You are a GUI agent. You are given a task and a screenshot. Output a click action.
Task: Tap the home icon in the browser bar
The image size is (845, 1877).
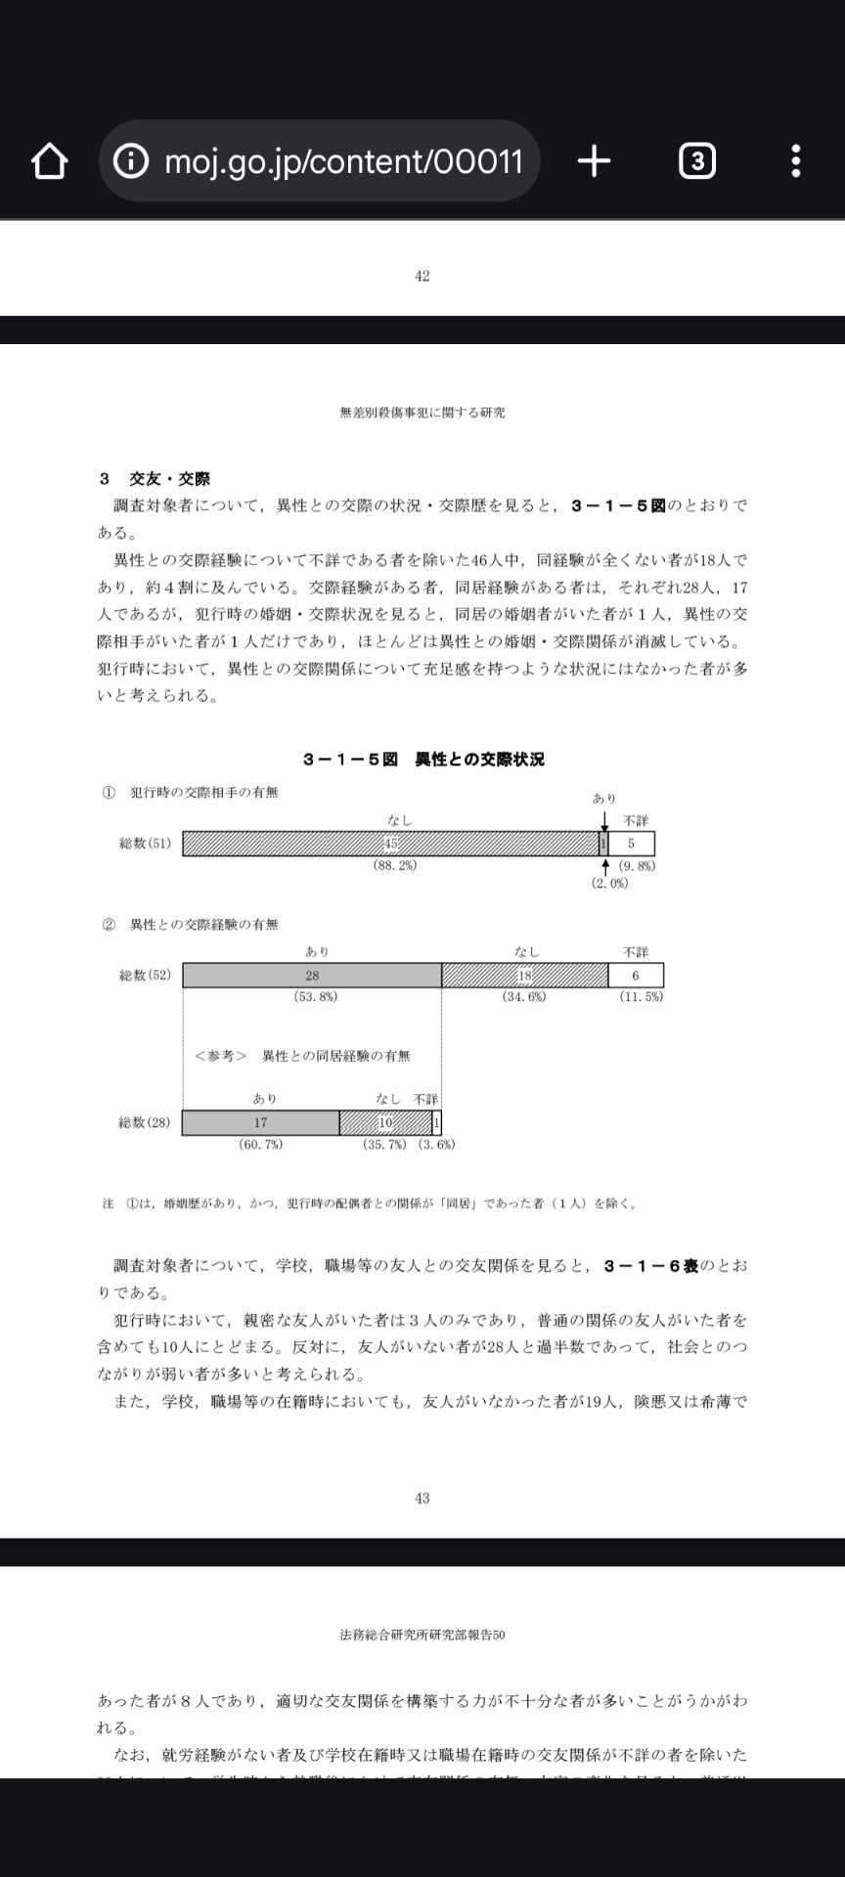click(49, 161)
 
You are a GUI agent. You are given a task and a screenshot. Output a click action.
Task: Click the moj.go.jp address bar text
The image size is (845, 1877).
click(342, 161)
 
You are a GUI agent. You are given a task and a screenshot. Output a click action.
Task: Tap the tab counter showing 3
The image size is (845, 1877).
click(696, 161)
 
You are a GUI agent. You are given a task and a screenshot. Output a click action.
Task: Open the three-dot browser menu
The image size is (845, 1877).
click(796, 161)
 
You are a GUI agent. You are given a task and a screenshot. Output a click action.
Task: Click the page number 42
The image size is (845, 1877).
click(422, 277)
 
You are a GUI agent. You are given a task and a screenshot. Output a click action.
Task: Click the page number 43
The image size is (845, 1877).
click(422, 1499)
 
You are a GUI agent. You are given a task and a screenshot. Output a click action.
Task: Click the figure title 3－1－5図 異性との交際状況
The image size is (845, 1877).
click(422, 760)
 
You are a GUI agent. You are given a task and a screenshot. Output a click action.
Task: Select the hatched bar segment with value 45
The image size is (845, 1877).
click(390, 844)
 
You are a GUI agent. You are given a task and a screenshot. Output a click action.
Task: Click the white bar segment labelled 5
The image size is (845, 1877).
click(632, 844)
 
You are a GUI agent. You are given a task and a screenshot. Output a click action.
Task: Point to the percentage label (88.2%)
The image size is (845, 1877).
click(394, 866)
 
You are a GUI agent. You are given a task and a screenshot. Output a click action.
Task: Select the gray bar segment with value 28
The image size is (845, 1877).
click(312, 976)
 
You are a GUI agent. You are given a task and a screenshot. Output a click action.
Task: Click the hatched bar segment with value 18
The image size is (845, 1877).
click(524, 976)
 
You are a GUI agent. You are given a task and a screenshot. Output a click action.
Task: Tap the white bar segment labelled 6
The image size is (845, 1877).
click(636, 976)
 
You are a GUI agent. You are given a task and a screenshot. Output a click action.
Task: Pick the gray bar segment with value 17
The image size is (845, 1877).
click(260, 1123)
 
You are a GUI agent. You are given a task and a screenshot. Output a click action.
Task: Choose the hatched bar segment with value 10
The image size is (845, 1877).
click(385, 1123)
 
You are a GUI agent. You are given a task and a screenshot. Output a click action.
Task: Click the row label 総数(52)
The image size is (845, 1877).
click(145, 976)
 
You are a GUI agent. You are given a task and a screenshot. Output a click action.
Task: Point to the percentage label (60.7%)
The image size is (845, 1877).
click(260, 1145)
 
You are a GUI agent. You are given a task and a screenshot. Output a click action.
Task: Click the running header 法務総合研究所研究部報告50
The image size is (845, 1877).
click(422, 1635)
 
